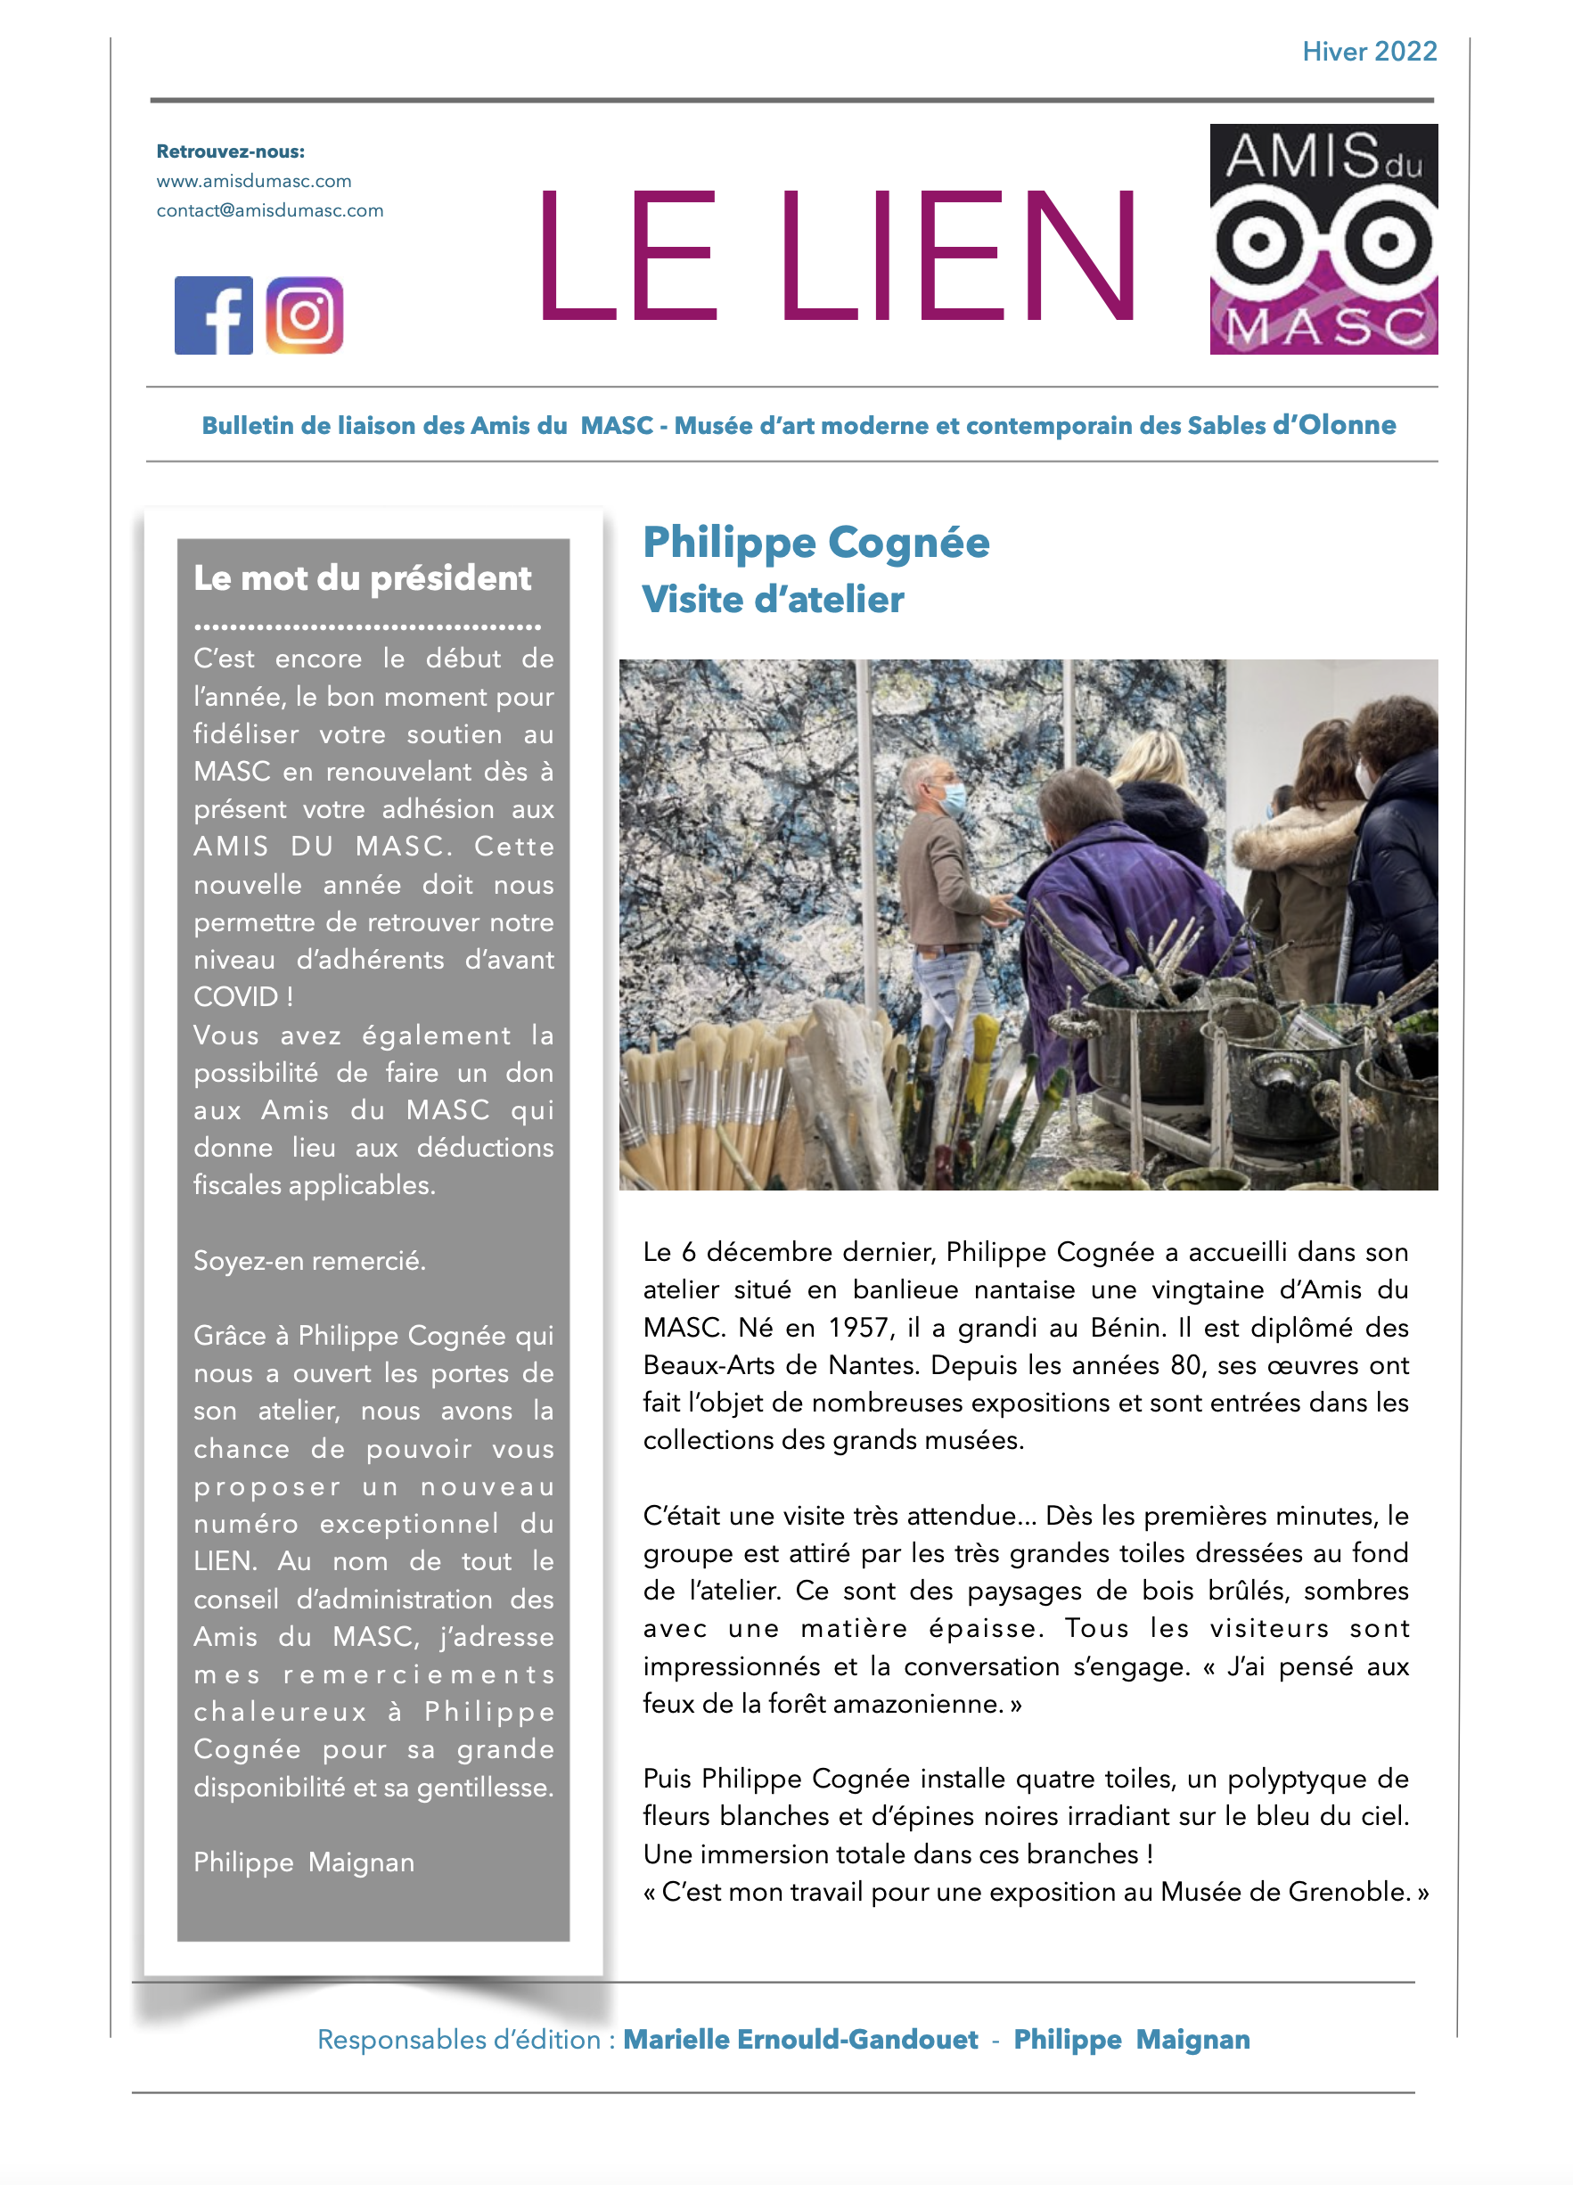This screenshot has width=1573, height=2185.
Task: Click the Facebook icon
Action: coord(213,315)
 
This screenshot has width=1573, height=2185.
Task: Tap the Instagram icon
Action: coord(305,315)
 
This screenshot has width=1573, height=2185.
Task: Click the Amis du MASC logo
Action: coord(1323,239)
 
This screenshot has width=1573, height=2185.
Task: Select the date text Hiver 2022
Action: coord(1369,51)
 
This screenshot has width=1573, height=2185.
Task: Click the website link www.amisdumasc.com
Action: coord(253,181)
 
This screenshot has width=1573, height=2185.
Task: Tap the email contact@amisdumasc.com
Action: coord(270,210)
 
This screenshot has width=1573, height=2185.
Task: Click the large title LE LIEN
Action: coord(836,255)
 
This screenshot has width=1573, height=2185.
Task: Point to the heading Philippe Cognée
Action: coord(815,543)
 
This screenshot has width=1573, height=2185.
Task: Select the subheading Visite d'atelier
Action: coord(773,599)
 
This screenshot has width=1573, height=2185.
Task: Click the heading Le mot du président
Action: coord(362,578)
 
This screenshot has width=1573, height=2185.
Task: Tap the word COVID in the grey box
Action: coord(235,997)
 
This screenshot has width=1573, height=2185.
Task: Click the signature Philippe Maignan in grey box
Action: coord(303,1862)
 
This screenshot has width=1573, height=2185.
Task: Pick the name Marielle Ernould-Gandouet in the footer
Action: coord(799,2040)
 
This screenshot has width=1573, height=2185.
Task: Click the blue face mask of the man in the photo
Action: coord(952,798)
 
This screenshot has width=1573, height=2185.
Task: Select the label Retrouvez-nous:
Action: coord(230,151)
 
